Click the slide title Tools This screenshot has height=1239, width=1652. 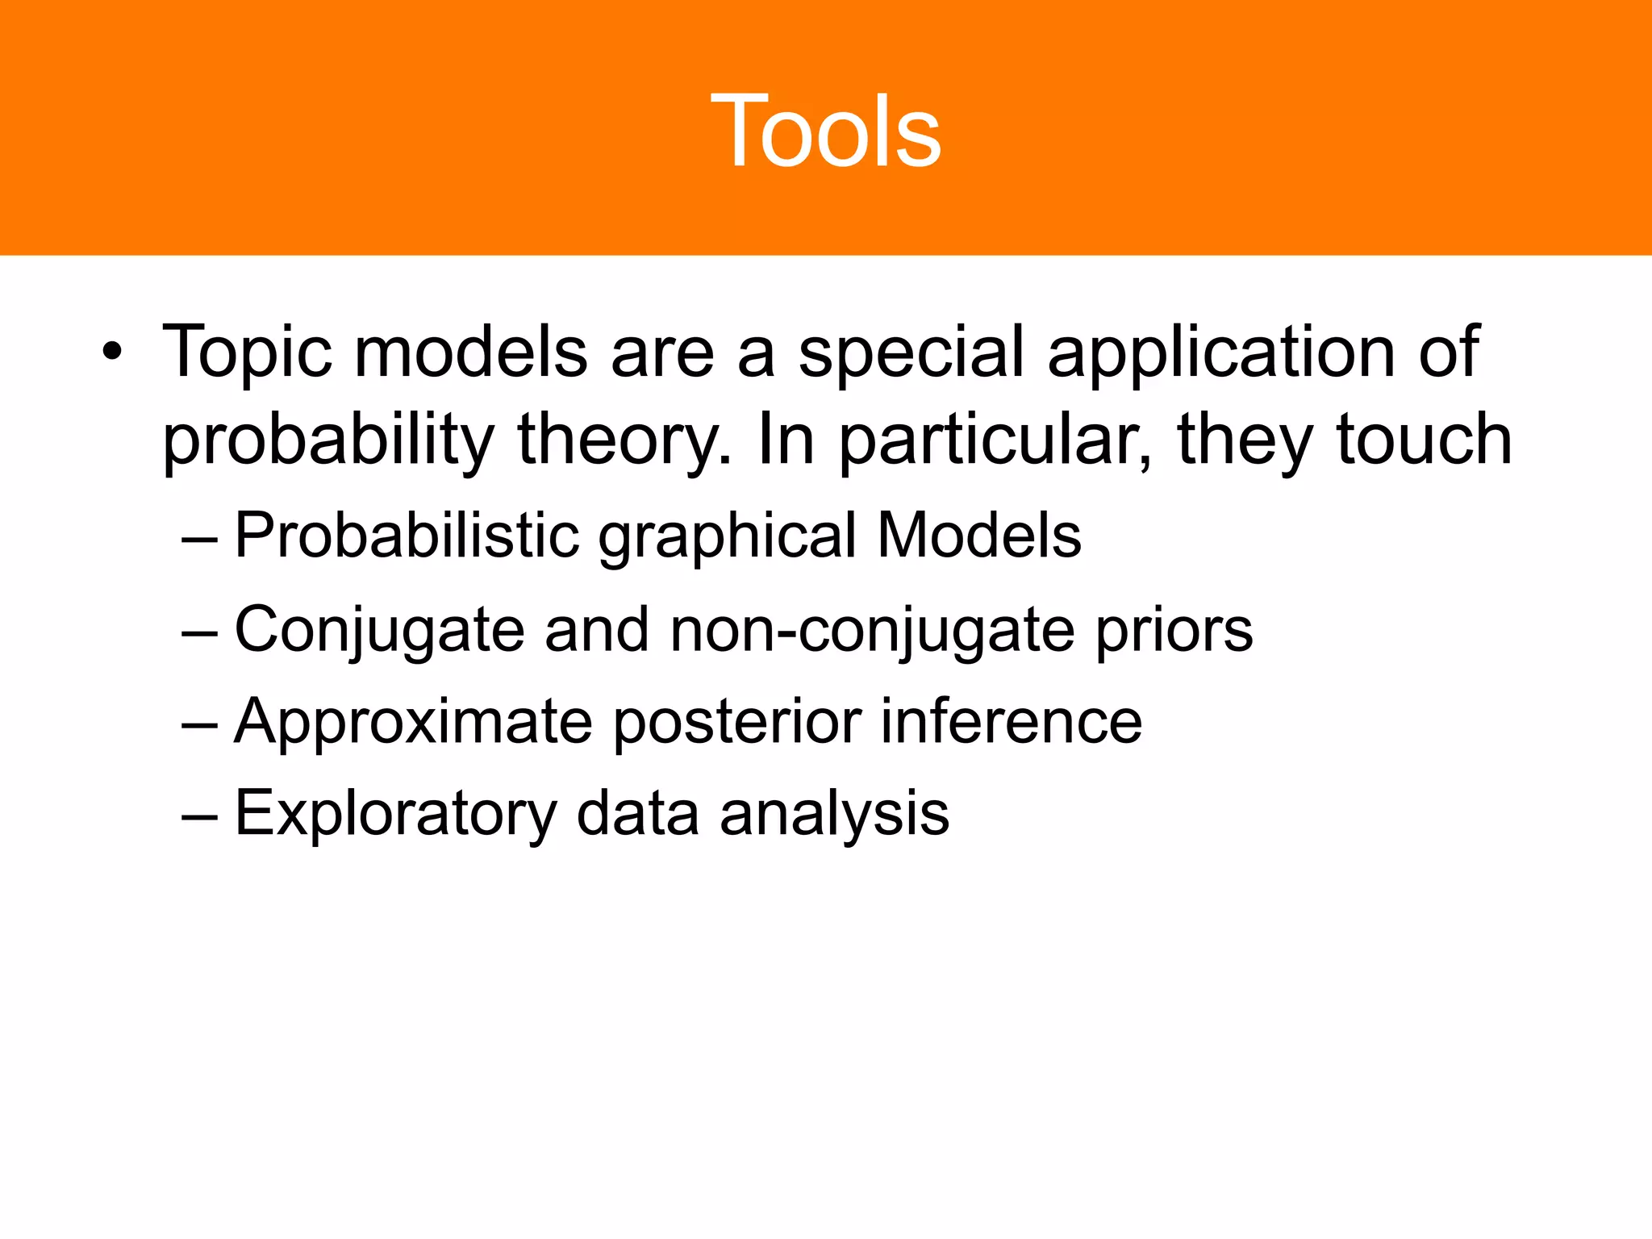[x=825, y=131]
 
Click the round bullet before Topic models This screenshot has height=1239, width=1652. [x=112, y=353]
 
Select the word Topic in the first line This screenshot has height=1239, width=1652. [x=246, y=353]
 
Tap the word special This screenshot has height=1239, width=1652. [x=911, y=353]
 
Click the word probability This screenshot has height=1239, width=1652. [x=327, y=441]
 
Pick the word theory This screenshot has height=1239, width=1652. [x=624, y=441]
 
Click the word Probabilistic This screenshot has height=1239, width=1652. [x=407, y=536]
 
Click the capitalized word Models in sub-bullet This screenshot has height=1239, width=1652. [x=978, y=535]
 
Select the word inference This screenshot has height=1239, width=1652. [x=1011, y=721]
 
